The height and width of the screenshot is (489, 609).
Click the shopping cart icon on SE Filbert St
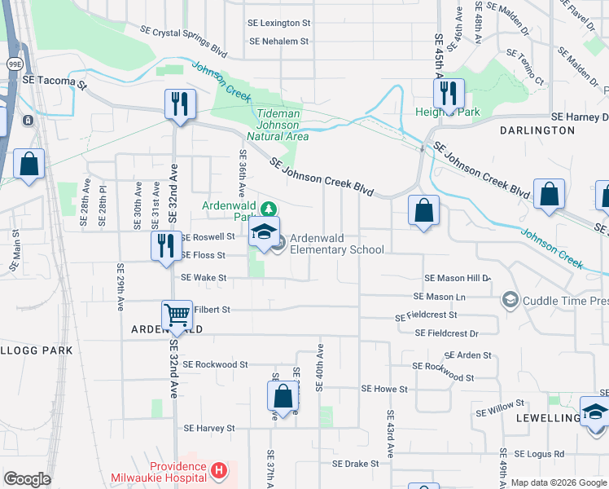(x=177, y=315)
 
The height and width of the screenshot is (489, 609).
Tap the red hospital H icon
(x=217, y=470)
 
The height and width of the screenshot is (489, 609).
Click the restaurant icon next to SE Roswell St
(x=165, y=245)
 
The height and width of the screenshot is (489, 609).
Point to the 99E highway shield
(x=15, y=63)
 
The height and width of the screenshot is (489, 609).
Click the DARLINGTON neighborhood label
(x=537, y=130)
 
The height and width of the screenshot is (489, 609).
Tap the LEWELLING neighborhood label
(x=546, y=417)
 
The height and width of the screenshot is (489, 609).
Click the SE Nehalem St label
(x=279, y=41)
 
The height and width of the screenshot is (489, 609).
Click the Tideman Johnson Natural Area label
(x=283, y=126)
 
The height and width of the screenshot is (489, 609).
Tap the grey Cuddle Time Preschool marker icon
(x=510, y=300)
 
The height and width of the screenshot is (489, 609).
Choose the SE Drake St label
(x=355, y=463)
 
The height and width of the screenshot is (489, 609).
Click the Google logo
(x=27, y=479)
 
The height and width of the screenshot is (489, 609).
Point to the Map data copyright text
(x=559, y=482)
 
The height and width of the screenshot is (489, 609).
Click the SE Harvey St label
(x=209, y=428)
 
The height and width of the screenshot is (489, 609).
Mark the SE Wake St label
(x=203, y=277)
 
